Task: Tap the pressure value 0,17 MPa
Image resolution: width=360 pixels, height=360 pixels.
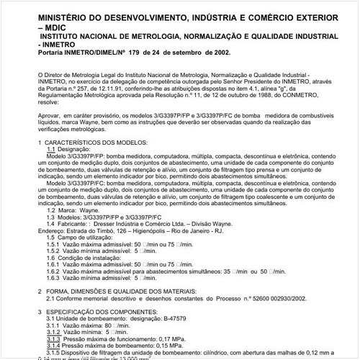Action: click(x=174, y=338)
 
